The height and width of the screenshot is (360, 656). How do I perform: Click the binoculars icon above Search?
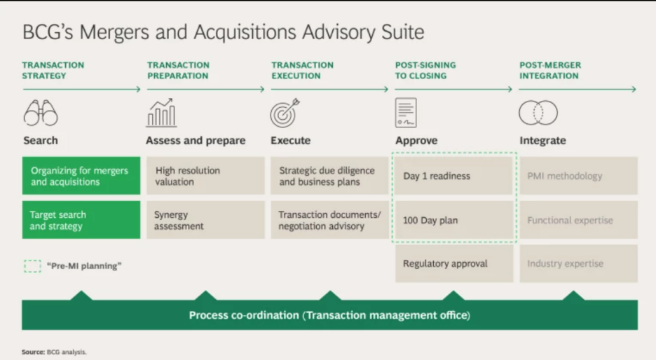(41, 113)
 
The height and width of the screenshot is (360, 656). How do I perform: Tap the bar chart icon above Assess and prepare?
(161, 113)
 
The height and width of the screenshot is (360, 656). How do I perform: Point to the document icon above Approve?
(406, 113)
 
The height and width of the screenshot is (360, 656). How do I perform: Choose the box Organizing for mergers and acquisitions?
(81, 176)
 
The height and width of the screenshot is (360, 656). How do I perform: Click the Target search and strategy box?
(81, 220)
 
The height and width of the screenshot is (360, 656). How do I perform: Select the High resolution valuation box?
(205, 176)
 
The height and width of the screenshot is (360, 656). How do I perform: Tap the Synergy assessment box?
(205, 220)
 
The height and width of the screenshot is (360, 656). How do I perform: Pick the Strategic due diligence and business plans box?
(329, 176)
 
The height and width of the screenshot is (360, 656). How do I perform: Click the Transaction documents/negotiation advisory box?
(329, 220)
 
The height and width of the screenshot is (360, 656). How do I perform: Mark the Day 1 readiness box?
(454, 176)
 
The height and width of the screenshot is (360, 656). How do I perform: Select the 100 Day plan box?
(454, 220)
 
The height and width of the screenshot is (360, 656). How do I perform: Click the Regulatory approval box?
(454, 263)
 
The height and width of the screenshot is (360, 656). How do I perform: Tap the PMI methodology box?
(579, 176)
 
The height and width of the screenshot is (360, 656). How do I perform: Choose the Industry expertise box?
(579, 263)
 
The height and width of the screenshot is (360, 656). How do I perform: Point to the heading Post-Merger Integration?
(550, 70)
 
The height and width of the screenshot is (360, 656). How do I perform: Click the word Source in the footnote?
(33, 352)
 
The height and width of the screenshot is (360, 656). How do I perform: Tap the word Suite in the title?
(403, 32)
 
